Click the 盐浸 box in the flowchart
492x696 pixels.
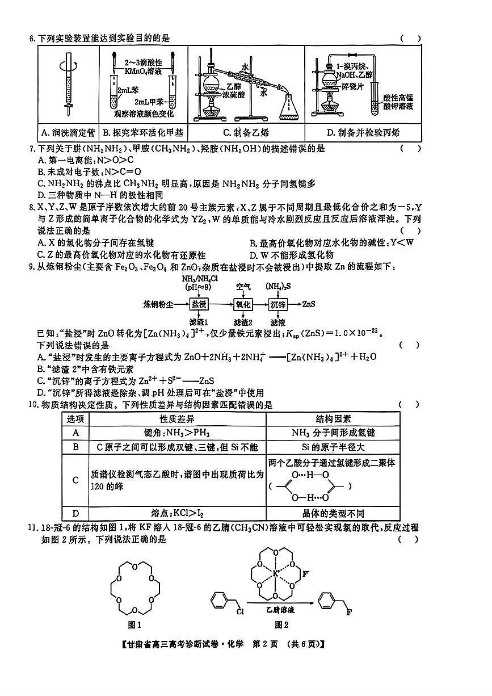[199, 304]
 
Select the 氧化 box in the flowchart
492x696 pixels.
[243, 304]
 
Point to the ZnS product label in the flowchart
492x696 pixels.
[309, 304]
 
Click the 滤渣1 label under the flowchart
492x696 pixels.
[200, 322]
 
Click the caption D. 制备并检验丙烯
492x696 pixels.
[363, 133]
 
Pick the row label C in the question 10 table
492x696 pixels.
[75, 480]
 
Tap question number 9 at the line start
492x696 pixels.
[32, 267]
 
